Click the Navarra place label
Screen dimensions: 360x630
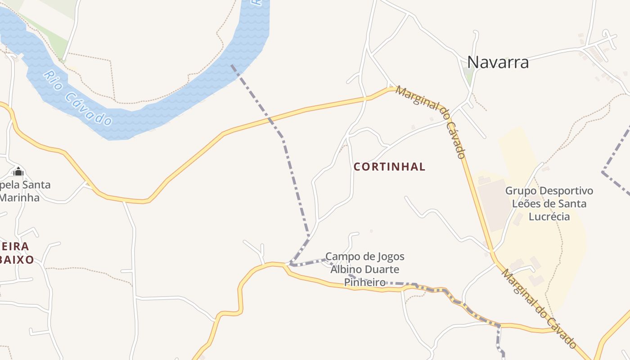498,62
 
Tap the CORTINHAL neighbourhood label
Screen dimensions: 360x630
389,166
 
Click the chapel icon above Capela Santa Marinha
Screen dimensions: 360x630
18,171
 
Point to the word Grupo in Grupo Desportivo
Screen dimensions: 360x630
521,191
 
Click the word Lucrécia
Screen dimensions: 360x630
549,216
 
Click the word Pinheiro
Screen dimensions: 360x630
364,282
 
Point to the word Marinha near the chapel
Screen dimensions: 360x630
20,198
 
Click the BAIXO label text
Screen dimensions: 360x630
17,260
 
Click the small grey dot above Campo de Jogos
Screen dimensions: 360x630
371,231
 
